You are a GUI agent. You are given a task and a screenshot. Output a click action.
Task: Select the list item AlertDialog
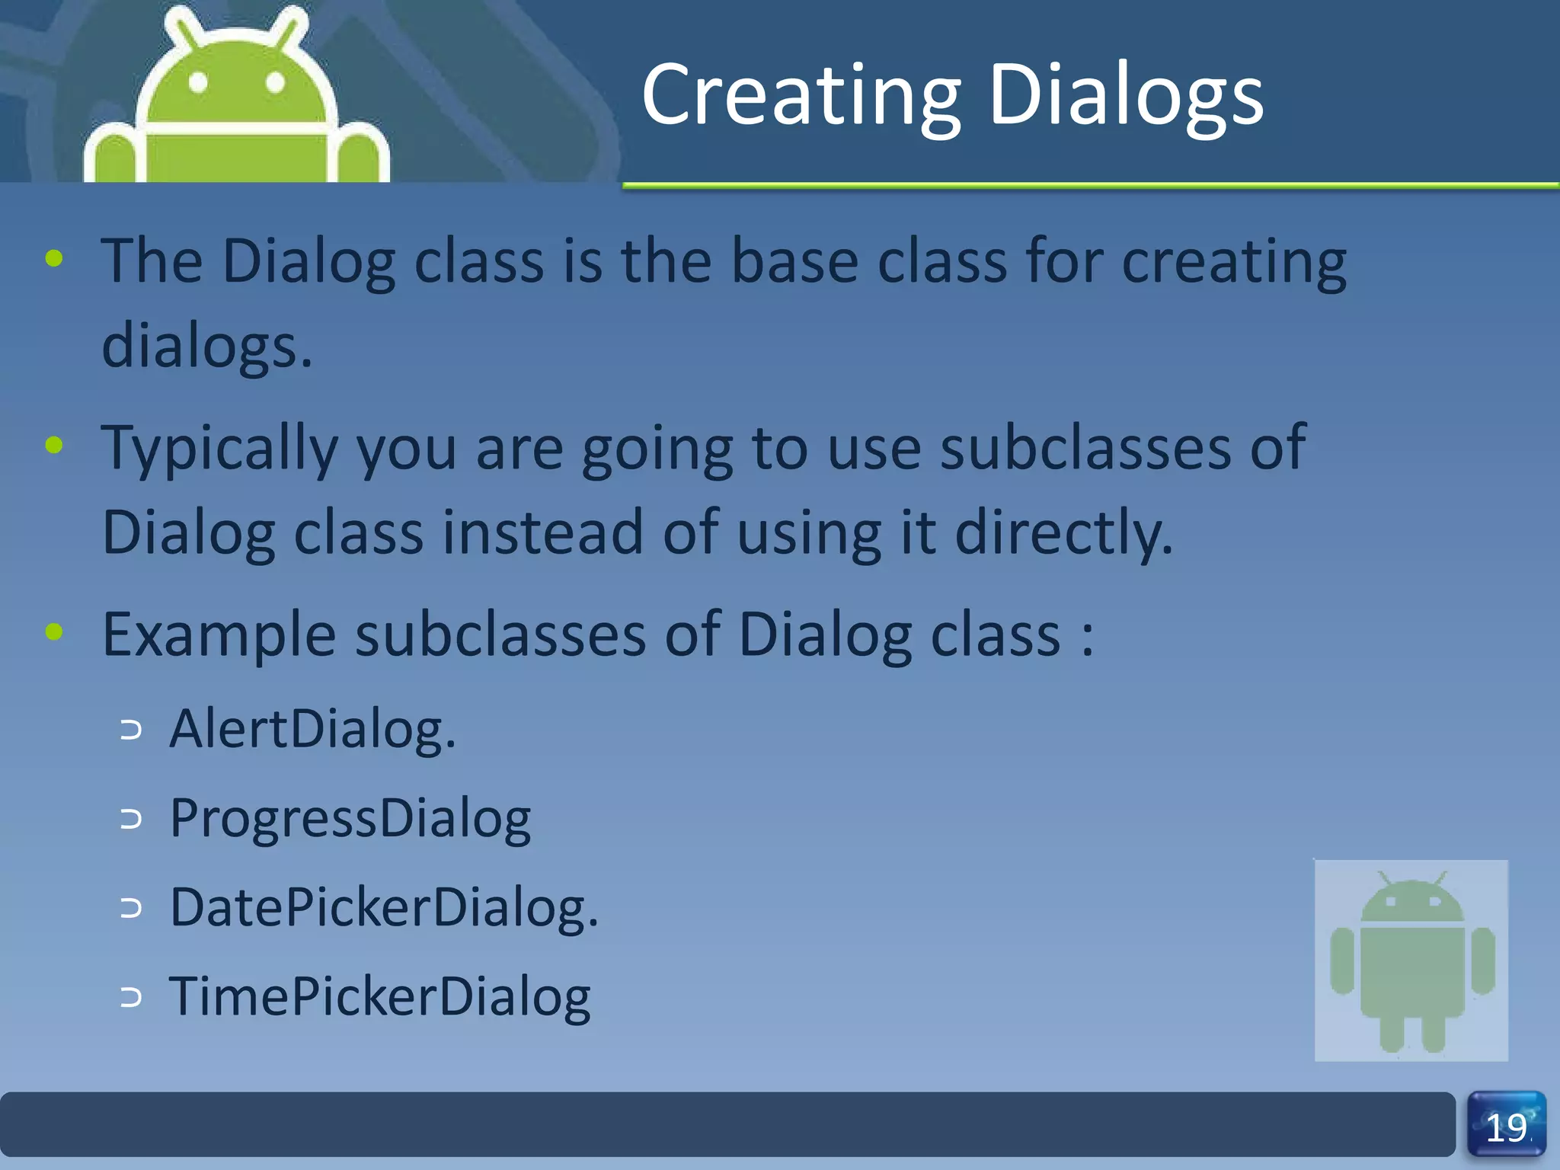[312, 730]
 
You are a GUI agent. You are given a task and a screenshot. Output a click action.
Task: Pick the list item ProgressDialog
[350, 819]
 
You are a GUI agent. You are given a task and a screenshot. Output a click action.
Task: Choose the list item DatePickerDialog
[384, 908]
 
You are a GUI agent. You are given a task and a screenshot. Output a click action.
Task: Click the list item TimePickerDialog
[379, 996]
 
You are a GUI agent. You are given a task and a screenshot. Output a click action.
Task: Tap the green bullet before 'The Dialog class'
[54, 259]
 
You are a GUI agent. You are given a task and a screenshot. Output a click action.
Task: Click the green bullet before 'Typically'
[54, 444]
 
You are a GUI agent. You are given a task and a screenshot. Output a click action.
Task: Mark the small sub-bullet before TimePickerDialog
[131, 997]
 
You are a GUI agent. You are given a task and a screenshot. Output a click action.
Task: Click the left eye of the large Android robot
[198, 82]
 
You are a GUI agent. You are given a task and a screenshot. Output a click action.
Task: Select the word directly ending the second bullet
[1063, 533]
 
